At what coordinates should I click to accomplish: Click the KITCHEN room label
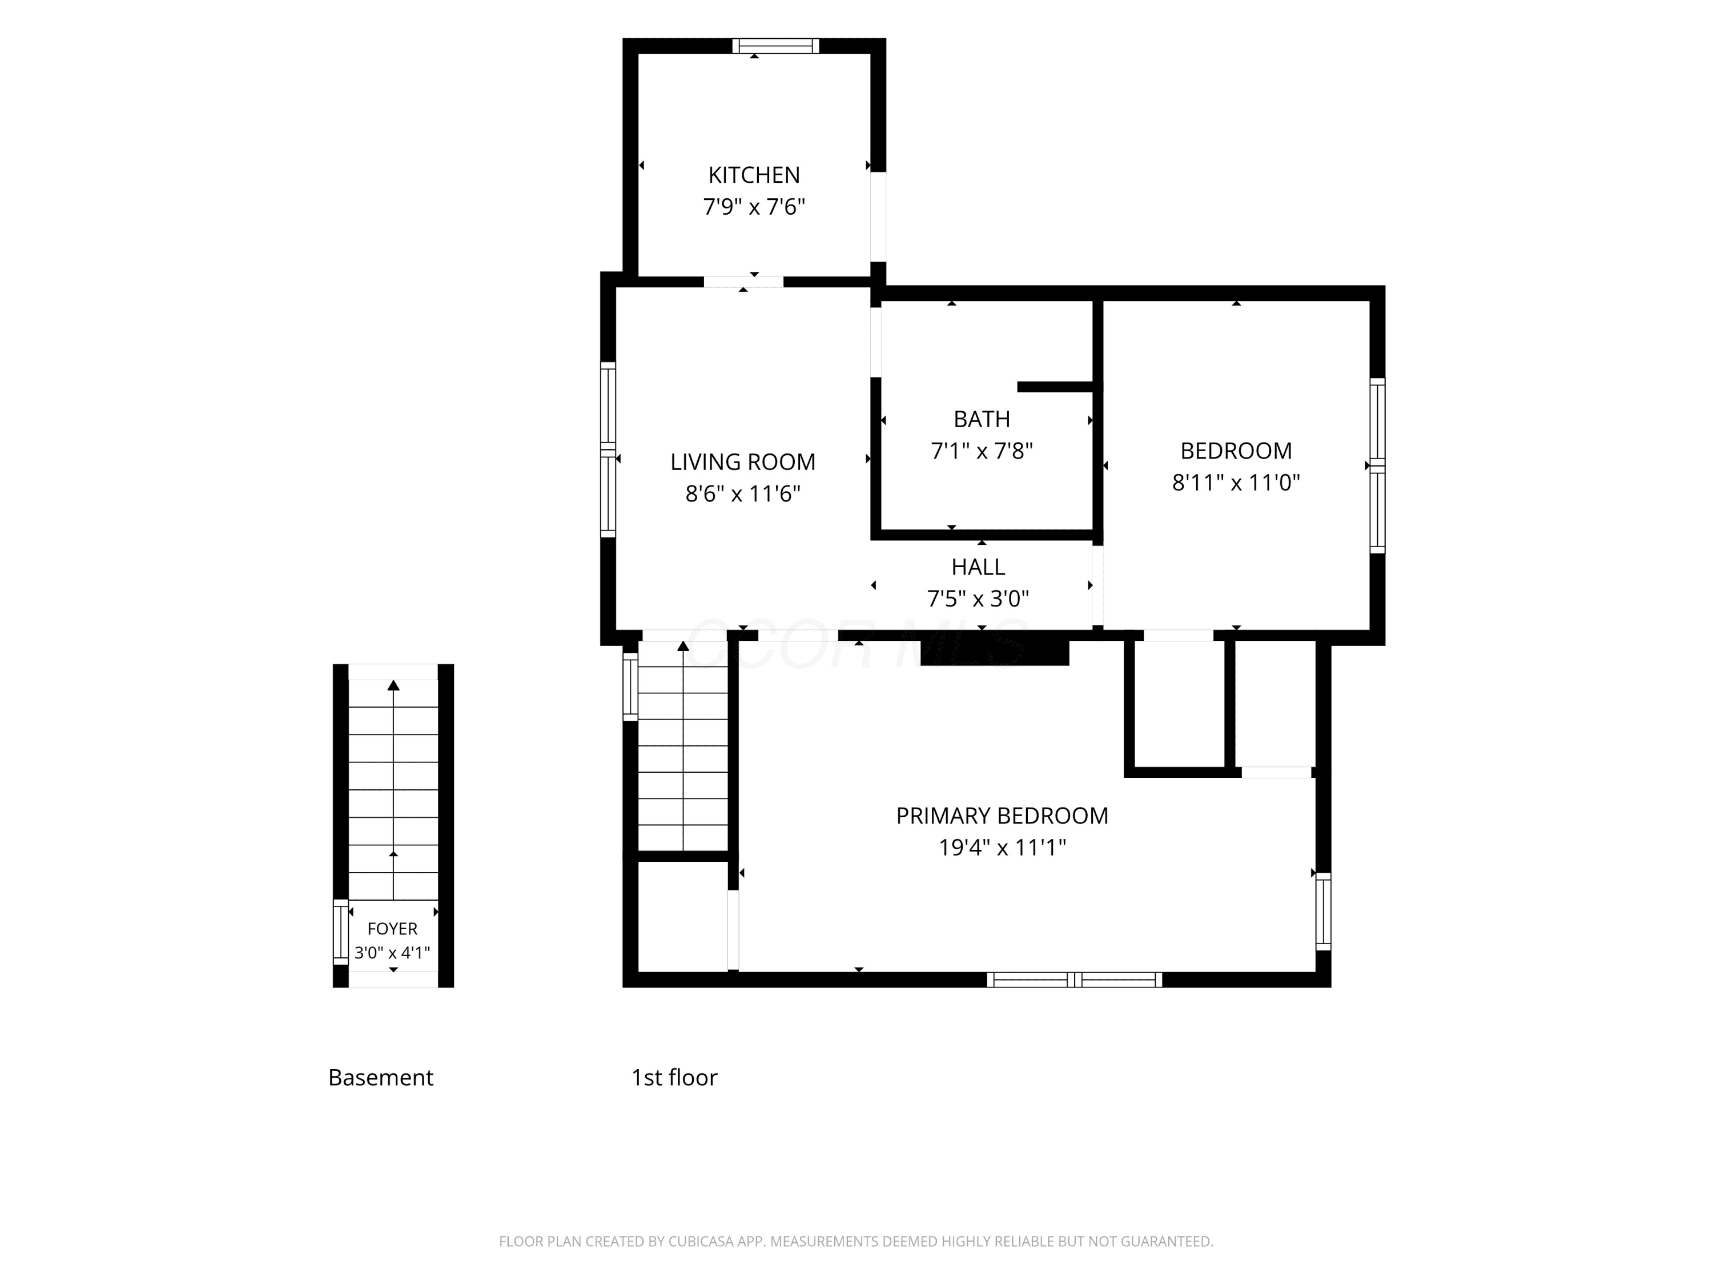point(754,175)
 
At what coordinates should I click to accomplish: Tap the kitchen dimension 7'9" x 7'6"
point(754,207)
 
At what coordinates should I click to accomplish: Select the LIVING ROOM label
point(743,461)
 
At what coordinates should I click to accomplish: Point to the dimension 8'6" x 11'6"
point(743,493)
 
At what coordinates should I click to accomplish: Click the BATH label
point(982,419)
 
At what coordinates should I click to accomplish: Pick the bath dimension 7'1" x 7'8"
point(982,451)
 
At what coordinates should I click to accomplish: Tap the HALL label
point(978,567)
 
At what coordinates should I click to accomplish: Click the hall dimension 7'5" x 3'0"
point(978,599)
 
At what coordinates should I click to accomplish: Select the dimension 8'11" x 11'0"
point(1236,483)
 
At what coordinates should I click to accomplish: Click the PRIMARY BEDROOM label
point(1002,816)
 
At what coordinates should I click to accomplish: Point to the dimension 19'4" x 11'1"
point(1002,848)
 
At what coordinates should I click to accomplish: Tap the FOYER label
point(393,929)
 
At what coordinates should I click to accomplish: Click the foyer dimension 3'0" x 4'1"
point(393,953)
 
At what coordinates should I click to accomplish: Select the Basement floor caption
point(381,1078)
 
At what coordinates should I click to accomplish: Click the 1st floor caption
point(674,1078)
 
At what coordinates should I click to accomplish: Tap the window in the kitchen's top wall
point(775,46)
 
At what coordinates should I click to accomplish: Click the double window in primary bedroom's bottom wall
point(1075,980)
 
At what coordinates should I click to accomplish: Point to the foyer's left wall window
point(341,932)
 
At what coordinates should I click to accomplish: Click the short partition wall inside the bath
point(1056,387)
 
